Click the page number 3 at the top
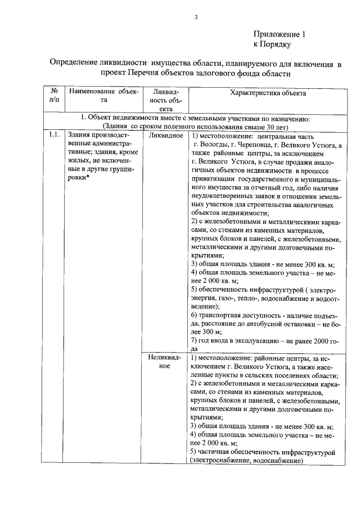click(196, 17)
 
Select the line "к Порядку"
click(272, 44)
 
